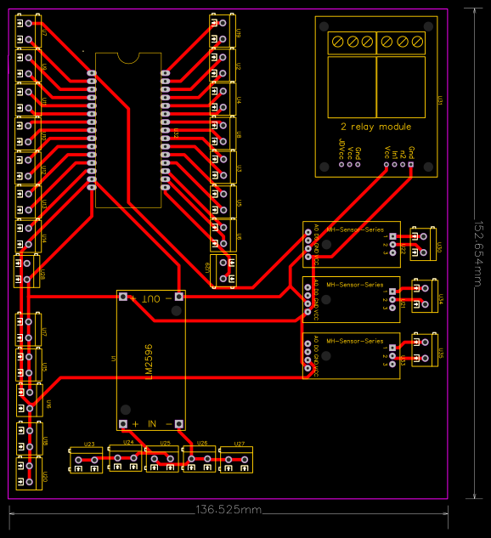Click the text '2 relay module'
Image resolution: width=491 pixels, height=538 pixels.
(x=370, y=126)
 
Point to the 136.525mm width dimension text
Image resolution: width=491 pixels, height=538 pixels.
(x=229, y=510)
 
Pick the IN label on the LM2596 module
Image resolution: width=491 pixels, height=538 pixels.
(x=152, y=423)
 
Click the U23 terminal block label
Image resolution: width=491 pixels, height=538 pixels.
(x=89, y=445)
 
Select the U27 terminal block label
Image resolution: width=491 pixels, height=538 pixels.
(x=239, y=445)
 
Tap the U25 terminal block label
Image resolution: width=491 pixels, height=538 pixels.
(x=165, y=444)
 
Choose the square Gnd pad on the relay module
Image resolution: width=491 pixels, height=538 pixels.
(x=412, y=165)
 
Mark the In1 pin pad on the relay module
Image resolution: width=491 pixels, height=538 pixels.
(x=395, y=165)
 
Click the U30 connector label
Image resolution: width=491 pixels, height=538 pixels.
(x=440, y=247)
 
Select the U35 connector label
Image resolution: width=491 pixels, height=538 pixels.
(x=440, y=352)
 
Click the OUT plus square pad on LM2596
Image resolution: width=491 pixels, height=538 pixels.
(x=123, y=297)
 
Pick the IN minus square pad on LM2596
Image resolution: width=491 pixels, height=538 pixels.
(x=180, y=423)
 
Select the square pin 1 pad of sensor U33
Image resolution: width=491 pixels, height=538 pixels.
(x=392, y=347)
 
